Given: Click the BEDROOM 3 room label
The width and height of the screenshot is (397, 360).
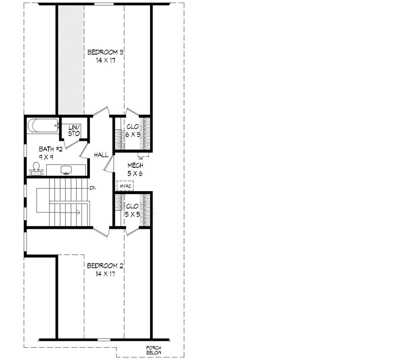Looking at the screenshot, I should [x=106, y=52].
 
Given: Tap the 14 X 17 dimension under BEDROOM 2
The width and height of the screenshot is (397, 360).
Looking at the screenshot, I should [x=106, y=274].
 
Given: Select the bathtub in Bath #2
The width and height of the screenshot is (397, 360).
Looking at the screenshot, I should [x=42, y=126].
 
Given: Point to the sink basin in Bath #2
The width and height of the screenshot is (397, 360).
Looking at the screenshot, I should [x=67, y=169].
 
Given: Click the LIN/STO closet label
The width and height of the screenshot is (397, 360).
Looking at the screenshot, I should [x=75, y=130].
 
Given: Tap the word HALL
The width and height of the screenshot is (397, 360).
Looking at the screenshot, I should [x=101, y=155].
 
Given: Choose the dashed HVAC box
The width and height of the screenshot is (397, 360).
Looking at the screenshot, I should [x=125, y=186].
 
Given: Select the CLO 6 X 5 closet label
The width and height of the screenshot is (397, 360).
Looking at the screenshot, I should [x=133, y=131].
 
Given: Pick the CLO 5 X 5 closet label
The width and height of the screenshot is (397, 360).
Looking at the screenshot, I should [x=133, y=211].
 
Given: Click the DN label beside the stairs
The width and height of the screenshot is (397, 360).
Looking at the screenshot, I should [x=93, y=188].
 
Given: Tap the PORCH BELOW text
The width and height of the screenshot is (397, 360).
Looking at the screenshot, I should [x=154, y=350].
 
